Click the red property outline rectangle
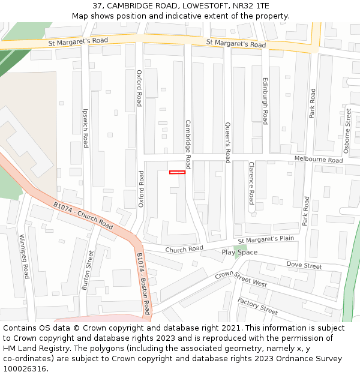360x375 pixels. (177, 172)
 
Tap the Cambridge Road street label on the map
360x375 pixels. (187, 144)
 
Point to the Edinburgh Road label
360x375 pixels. (265, 101)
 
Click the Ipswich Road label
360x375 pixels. (85, 128)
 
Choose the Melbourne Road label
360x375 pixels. (319, 160)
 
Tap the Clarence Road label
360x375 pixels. (251, 182)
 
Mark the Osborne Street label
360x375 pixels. (347, 131)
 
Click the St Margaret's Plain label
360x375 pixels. (266, 239)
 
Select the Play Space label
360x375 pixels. (239, 253)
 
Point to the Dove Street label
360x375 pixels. (304, 265)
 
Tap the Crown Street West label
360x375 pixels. (241, 279)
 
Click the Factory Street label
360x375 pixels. (257, 305)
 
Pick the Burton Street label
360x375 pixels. (88, 271)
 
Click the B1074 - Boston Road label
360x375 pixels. (143, 284)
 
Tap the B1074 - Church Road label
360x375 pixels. (83, 215)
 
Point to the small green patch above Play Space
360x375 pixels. (240, 247)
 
